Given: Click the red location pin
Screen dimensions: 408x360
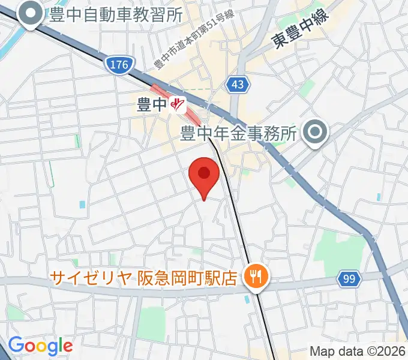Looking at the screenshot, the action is pyautogui.click(x=204, y=177).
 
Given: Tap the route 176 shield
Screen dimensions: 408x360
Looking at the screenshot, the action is pyautogui.click(x=120, y=65).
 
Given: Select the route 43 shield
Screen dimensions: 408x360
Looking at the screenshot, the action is pyautogui.click(x=238, y=85).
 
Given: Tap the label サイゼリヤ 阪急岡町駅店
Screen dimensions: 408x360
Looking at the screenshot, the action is pyautogui.click(x=143, y=277).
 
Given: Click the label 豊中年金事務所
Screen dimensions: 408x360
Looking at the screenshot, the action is pyautogui.click(x=239, y=133).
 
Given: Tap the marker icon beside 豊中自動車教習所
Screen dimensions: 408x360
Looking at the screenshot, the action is pyautogui.click(x=30, y=16).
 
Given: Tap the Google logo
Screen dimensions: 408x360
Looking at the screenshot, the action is pyautogui.click(x=40, y=346).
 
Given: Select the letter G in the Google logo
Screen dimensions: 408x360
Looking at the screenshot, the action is pyautogui.click(x=16, y=345).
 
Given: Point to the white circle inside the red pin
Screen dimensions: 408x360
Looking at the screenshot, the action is pyautogui.click(x=204, y=173).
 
